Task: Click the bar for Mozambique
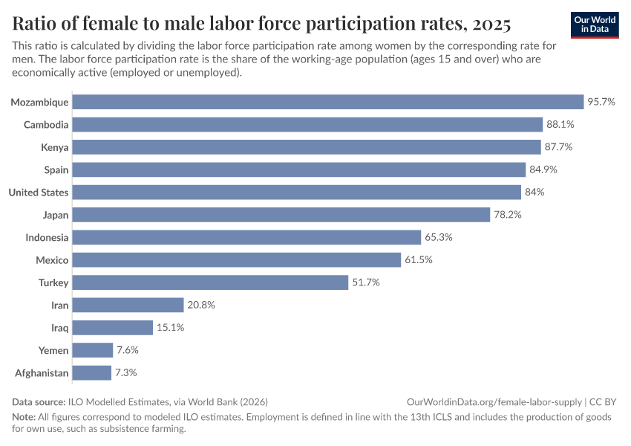328,102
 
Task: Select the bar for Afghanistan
92,372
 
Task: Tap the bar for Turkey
210,282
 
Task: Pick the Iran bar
128,305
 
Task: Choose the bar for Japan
281,215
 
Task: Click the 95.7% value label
601,102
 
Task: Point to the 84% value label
535,193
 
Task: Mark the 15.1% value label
170,328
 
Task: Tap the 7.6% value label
128,350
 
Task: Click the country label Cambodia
46,125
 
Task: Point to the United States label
39,193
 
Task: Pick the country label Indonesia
47,238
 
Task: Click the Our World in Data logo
595,25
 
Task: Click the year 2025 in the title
490,25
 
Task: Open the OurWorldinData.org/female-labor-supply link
494,401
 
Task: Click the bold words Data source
39,401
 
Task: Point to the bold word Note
24,417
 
